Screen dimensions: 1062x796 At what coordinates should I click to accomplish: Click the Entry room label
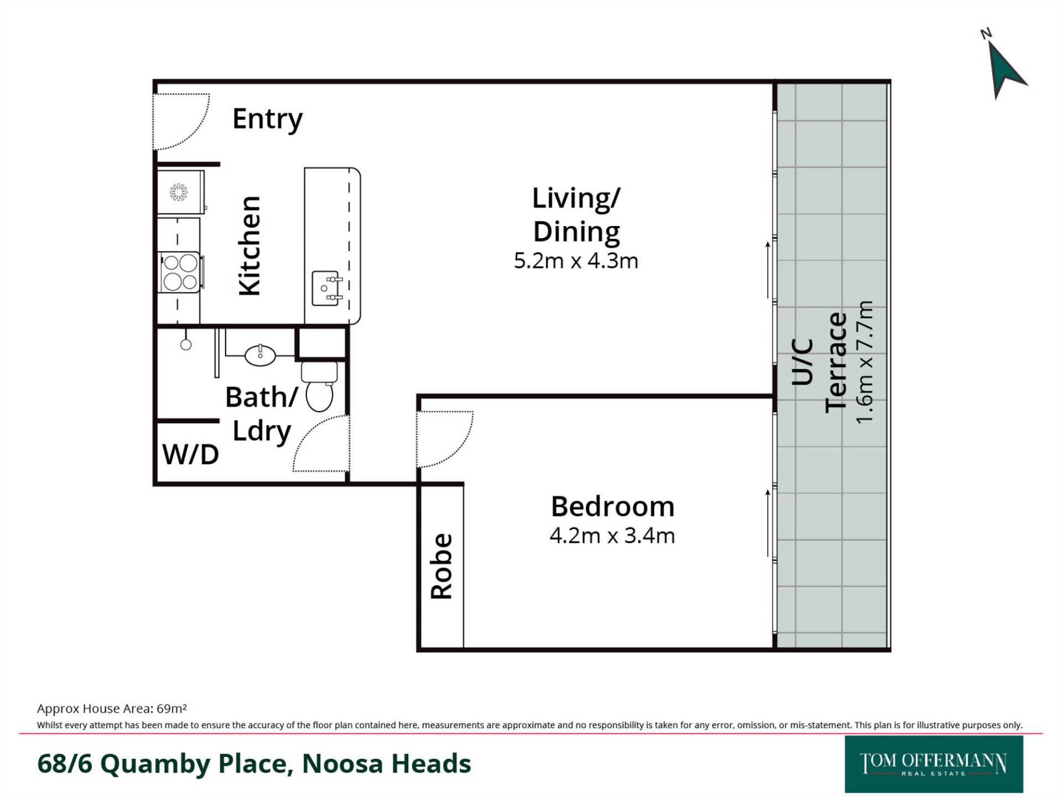268,119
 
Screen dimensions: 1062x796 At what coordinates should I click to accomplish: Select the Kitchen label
249,245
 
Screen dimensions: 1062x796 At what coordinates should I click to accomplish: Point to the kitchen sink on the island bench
326,288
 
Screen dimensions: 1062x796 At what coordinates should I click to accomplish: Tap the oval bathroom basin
260,355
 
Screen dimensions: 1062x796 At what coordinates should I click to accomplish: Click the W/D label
190,455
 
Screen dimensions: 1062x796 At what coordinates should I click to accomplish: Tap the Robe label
442,566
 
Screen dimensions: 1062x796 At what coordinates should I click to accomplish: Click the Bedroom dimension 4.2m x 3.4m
612,536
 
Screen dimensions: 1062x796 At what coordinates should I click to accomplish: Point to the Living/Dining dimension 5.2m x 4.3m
576,261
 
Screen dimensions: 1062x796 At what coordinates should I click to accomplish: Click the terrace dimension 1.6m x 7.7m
864,362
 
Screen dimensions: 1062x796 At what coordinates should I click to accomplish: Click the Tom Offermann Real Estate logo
934,764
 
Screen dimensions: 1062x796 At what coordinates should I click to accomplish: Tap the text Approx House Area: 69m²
112,709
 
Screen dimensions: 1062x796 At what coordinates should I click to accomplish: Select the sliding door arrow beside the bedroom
768,523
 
